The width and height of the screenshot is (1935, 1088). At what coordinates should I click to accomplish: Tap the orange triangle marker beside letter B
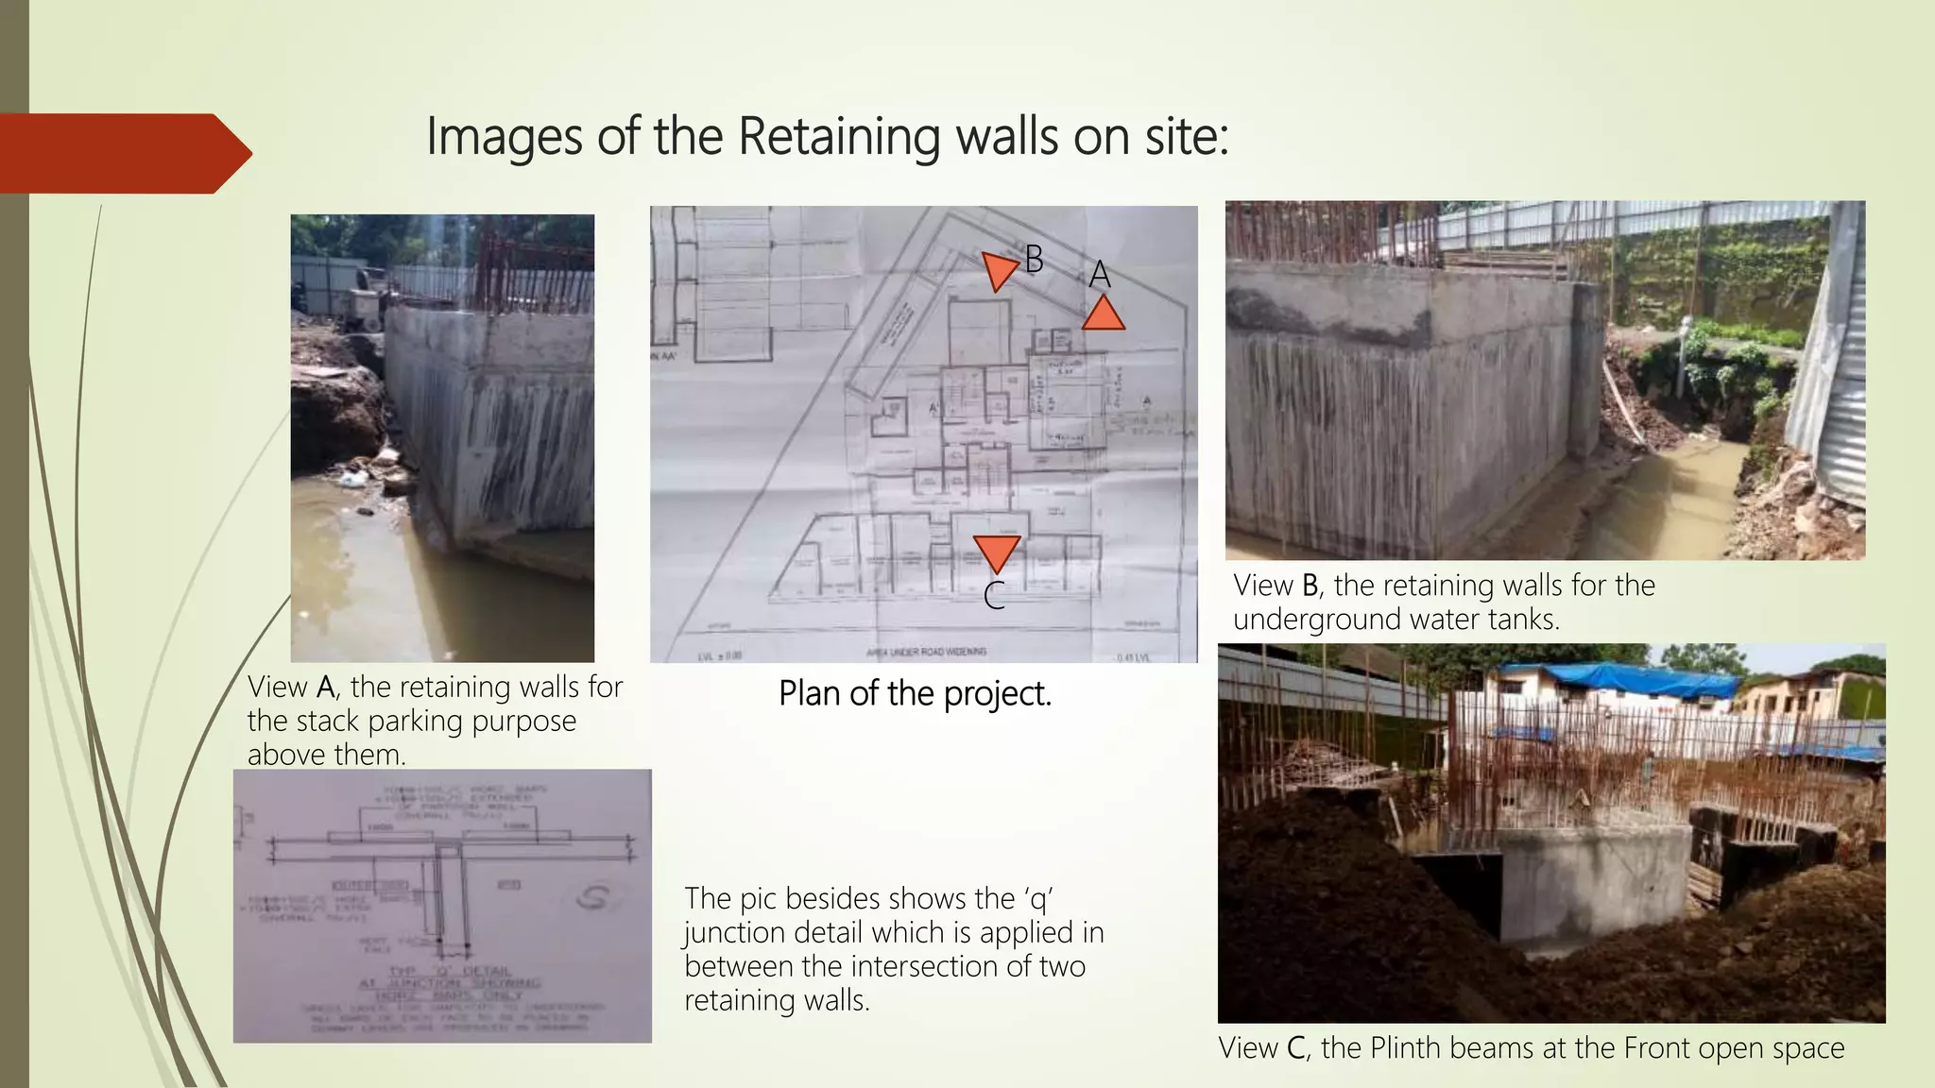click(998, 269)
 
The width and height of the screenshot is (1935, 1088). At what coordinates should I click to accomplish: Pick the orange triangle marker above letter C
click(996, 552)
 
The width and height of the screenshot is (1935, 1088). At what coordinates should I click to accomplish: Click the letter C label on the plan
click(993, 597)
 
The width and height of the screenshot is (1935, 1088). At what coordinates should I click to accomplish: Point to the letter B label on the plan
click(1034, 259)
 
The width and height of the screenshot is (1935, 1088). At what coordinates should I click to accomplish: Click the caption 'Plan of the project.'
click(915, 693)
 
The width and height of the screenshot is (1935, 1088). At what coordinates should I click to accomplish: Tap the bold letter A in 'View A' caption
click(326, 687)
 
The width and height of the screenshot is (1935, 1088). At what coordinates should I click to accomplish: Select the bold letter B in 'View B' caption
click(1310, 586)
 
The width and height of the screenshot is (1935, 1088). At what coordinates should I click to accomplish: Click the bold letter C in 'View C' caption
click(1296, 1048)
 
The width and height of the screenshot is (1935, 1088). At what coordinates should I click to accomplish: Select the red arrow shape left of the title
click(123, 153)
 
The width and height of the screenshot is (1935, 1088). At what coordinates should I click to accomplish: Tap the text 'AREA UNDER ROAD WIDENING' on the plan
click(926, 652)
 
